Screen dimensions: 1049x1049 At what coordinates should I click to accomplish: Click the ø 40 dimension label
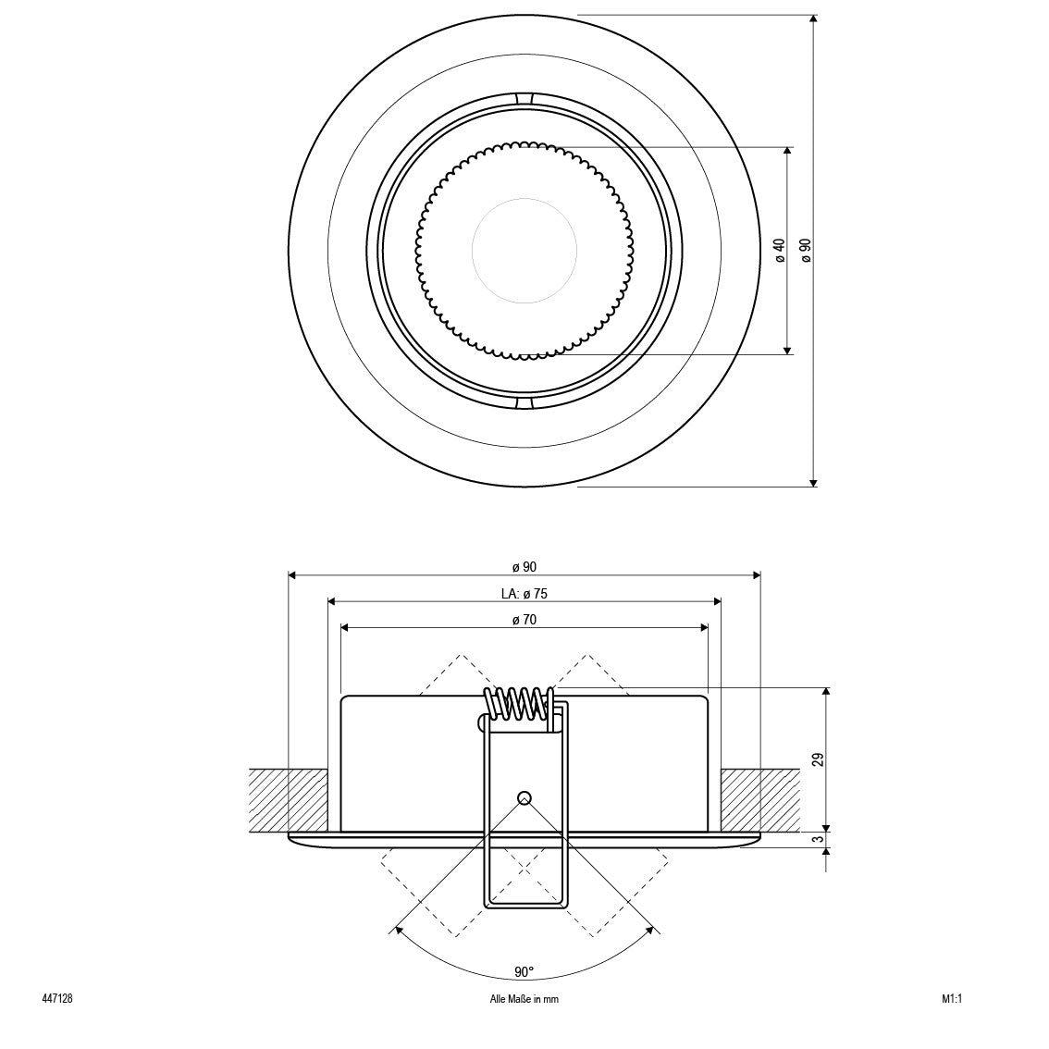tap(779, 250)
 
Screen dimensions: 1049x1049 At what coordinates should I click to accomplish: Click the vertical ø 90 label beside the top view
tap(806, 250)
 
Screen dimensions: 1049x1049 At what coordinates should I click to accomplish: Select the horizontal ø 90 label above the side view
tap(524, 567)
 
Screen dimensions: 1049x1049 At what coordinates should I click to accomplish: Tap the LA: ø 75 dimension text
tap(524, 593)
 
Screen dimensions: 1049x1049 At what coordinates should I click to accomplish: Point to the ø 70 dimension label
tap(524, 620)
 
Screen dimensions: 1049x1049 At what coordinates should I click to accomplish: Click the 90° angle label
tap(524, 971)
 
